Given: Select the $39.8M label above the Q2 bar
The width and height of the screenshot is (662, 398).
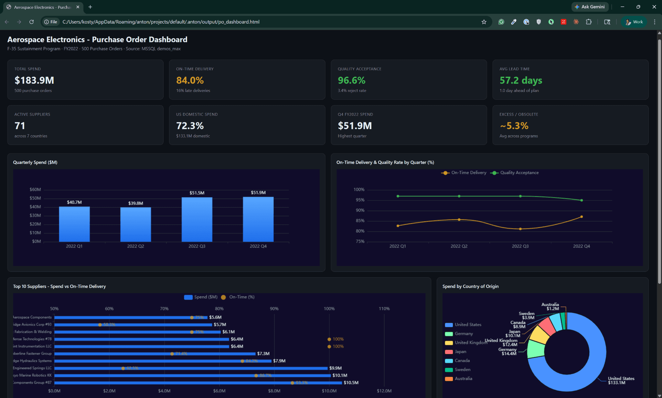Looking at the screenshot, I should click(135, 203).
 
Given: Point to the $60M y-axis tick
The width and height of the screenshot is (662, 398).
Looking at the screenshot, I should click(35, 189).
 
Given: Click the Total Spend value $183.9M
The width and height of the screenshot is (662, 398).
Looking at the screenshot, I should click(34, 80).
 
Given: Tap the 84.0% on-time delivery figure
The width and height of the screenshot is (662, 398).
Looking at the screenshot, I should click(190, 80).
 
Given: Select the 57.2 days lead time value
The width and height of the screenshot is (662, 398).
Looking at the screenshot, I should click(520, 80).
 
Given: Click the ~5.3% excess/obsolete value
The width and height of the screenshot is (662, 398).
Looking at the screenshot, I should click(514, 126).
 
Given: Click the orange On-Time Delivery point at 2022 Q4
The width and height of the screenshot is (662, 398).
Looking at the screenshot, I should click(582, 217).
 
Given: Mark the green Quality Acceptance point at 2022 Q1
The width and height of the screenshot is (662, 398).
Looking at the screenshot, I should click(398, 196).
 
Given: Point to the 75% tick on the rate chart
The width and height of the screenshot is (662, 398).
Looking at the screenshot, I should click(360, 241).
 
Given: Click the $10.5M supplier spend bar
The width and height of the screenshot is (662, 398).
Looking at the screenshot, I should click(198, 382).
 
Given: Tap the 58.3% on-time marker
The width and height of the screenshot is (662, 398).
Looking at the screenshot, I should click(100, 325).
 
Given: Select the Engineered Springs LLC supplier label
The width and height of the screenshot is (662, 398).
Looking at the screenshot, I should click(32, 368).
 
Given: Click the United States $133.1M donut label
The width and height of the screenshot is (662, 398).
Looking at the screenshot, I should click(621, 381).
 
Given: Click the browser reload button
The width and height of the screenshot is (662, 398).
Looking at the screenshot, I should click(31, 22).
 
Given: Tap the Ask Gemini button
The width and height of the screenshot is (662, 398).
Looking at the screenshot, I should click(590, 7).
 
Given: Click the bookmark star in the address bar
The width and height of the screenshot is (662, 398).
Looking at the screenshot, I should click(484, 22).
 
